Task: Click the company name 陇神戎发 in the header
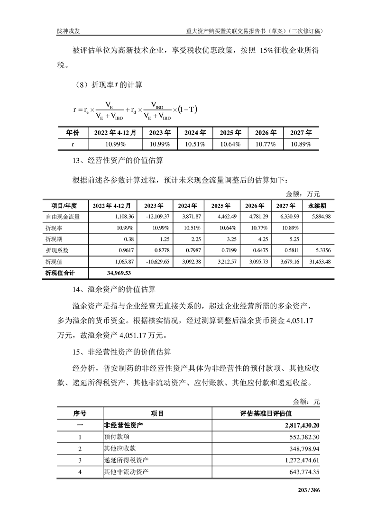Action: click(x=71, y=31)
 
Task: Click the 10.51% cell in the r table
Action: click(x=194, y=144)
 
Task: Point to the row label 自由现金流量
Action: click(x=63, y=217)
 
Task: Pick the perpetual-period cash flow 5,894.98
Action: click(x=318, y=217)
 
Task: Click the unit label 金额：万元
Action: click(x=303, y=194)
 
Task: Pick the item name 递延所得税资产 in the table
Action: click(x=126, y=460)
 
